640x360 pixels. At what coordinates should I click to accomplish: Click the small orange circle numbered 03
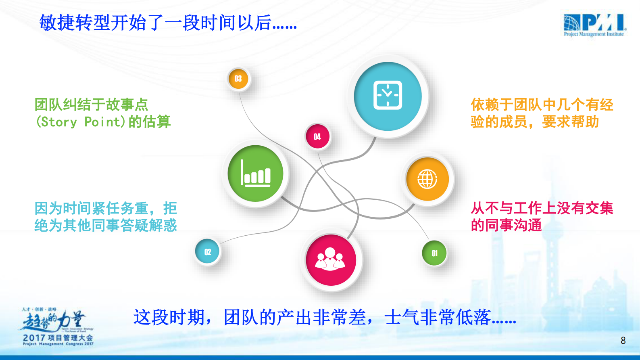238,79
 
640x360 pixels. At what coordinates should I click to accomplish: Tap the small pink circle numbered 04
317,136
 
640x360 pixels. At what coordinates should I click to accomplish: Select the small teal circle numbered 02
207,252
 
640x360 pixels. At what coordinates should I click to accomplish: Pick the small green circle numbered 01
434,253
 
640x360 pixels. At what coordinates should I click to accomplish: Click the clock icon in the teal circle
388,95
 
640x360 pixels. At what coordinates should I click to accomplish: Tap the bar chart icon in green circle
256,174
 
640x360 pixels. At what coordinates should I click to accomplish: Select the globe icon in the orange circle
427,179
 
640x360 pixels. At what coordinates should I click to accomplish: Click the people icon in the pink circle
330,260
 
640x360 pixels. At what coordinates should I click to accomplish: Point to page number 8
623,341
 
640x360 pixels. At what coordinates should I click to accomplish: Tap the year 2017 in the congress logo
34,337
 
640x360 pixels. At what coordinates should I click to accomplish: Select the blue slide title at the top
168,23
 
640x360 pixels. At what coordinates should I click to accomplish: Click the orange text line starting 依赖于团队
542,105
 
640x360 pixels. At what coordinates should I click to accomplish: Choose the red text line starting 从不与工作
542,208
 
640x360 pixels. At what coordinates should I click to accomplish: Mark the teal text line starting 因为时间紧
106,208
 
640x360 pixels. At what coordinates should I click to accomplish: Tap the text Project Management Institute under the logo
594,34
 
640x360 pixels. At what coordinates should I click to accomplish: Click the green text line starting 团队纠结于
91,105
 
